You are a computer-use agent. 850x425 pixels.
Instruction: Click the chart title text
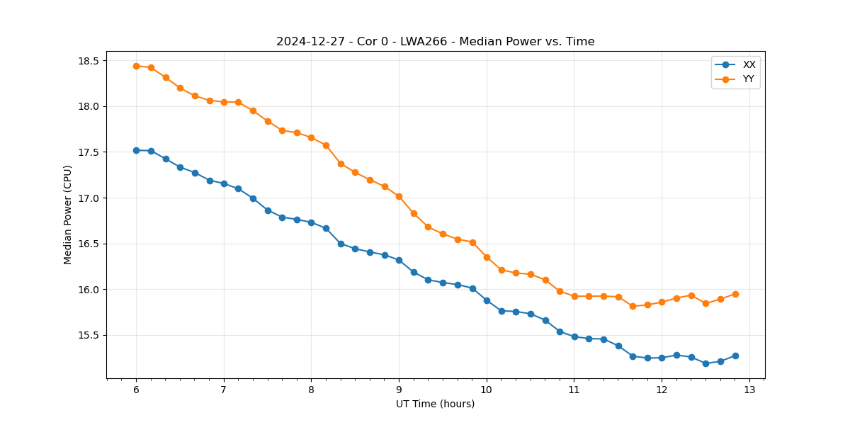[x=435, y=42]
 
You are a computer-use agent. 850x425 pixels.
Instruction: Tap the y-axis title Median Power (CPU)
[x=68, y=215]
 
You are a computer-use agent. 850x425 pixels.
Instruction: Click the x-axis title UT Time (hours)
[x=435, y=404]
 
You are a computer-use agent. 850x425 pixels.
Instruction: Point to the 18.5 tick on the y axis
[x=88, y=61]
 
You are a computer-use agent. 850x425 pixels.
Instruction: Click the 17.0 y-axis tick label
[x=88, y=198]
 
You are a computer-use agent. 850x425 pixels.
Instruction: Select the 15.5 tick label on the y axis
[x=88, y=336]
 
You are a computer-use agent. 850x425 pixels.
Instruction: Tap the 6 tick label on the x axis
[x=136, y=390]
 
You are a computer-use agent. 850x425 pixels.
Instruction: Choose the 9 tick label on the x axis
[x=399, y=390]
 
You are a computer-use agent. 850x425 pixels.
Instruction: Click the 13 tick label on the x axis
[x=749, y=390]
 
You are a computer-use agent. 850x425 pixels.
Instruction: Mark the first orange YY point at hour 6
[x=136, y=66]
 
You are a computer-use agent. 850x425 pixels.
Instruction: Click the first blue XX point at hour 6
[x=136, y=150]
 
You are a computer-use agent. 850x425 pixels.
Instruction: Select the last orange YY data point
[x=735, y=294]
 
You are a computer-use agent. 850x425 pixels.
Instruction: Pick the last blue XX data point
[x=735, y=356]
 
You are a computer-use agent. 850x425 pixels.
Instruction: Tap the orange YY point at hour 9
[x=399, y=196]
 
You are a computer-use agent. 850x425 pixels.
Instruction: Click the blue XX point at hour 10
[x=487, y=300]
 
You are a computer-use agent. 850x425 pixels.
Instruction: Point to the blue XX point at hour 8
[x=311, y=222]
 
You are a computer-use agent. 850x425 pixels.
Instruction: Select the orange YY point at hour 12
[x=662, y=302]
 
